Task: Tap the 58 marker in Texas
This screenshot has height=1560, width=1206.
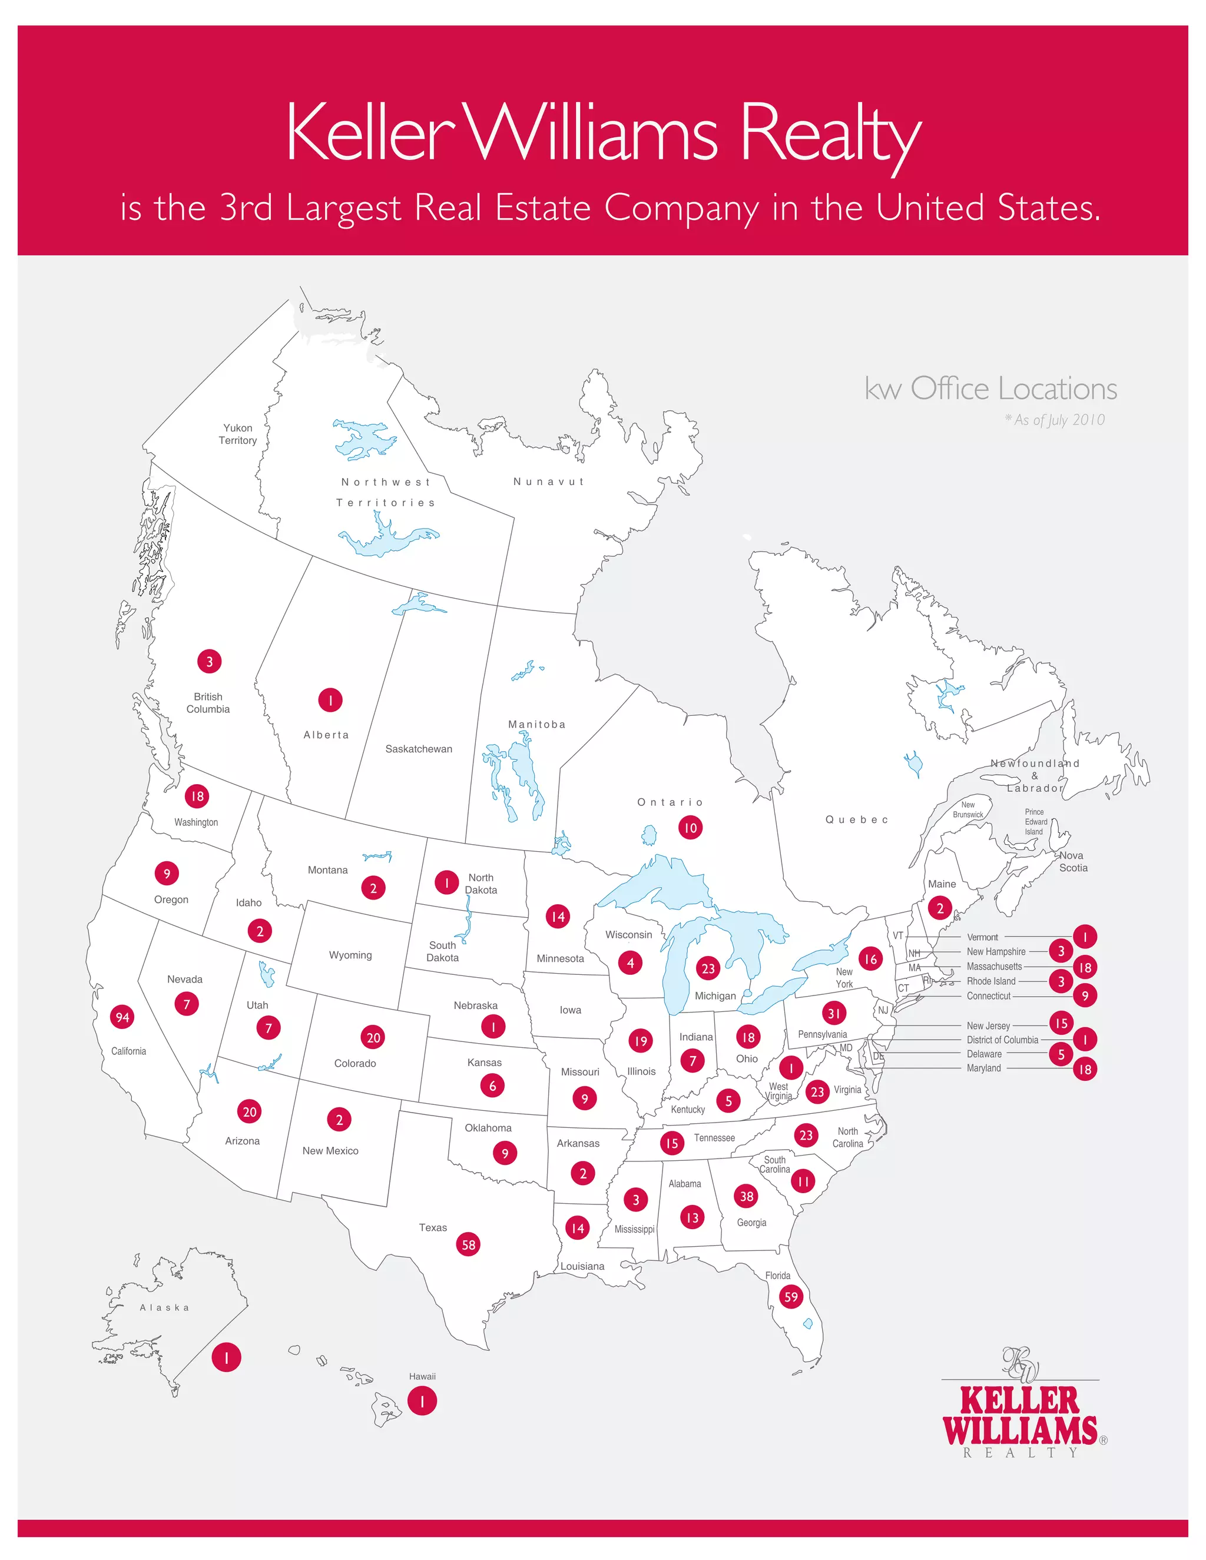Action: [468, 1244]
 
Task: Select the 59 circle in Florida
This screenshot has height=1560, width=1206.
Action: [791, 1296]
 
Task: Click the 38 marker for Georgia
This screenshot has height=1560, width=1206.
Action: [746, 1196]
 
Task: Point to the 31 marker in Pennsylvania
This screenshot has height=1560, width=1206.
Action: [834, 1013]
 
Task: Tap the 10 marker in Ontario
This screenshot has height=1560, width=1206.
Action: [690, 828]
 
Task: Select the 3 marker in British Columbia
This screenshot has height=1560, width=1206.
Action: [209, 662]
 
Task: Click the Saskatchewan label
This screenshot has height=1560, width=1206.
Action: [419, 749]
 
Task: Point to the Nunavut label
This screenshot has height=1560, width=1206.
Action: [549, 482]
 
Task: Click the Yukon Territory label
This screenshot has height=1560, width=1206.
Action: [238, 434]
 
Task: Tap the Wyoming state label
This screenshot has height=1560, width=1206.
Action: [350, 955]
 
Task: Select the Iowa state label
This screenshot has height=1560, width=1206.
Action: [570, 1010]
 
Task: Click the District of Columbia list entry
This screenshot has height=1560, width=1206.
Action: [1002, 1040]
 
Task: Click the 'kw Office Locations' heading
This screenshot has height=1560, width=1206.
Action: [990, 389]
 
